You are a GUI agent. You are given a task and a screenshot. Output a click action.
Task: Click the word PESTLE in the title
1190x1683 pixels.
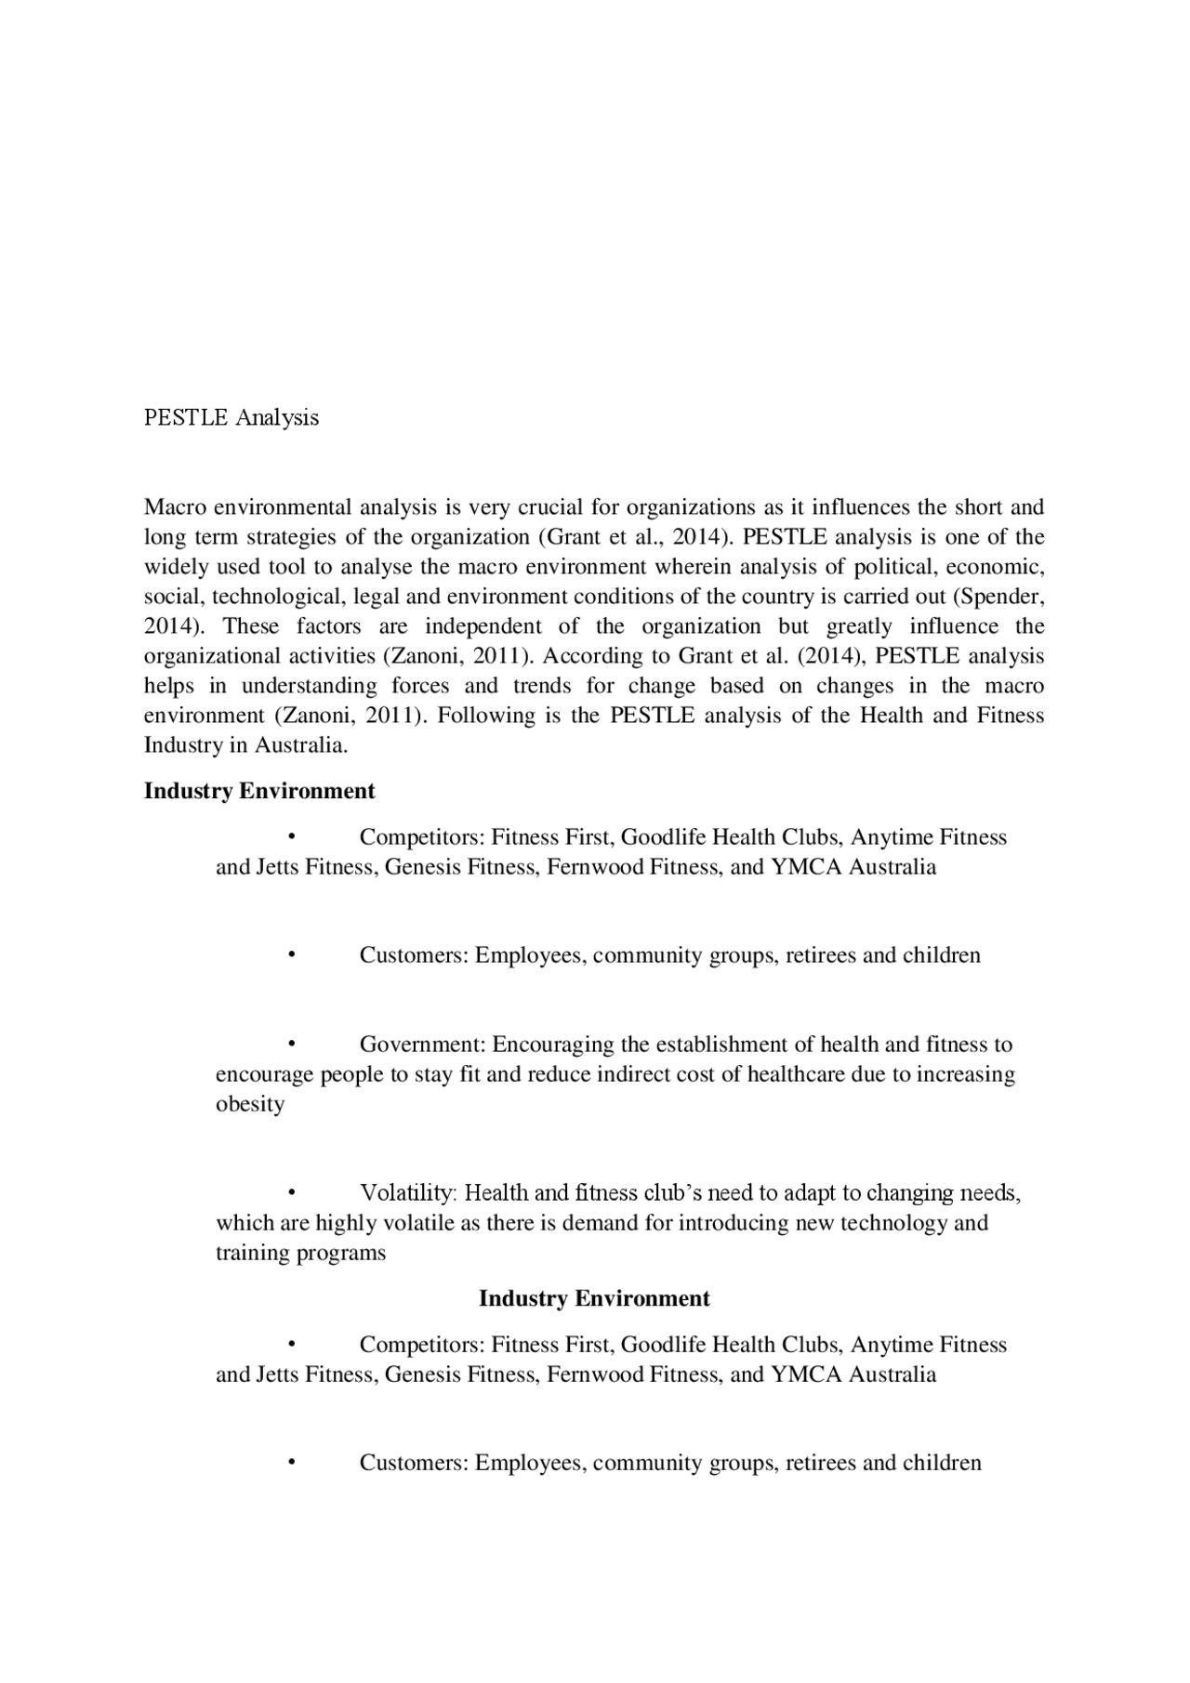pos(185,417)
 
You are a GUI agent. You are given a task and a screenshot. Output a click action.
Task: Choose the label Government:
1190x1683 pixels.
pos(422,1045)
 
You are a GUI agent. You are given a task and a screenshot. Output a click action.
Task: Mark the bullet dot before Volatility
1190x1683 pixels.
pos(291,1193)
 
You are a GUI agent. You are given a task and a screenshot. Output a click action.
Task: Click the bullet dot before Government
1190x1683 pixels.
pos(291,1045)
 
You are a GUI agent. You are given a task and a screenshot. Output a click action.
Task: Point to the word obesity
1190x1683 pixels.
pos(250,1104)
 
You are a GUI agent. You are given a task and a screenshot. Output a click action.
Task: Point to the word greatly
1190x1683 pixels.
pos(859,626)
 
